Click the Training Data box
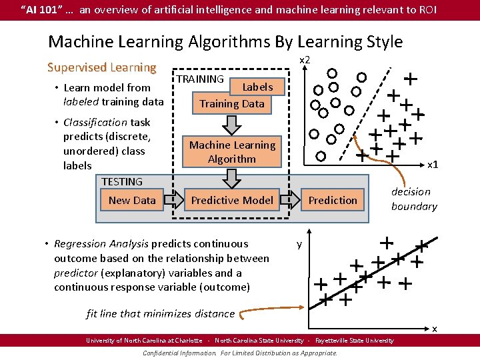click(231, 104)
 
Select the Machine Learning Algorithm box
click(231, 152)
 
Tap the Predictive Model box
click(231, 200)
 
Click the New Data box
click(132, 200)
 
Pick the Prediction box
click(333, 200)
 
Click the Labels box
click(257, 87)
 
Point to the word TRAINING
click(200, 79)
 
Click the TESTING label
click(122, 181)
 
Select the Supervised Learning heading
click(101, 67)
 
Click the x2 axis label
click(305, 60)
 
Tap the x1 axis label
click(433, 164)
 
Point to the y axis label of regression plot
click(299, 245)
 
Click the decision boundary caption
click(413, 199)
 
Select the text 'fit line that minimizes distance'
click(161, 313)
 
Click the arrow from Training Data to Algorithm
click(232, 123)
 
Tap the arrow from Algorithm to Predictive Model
click(232, 177)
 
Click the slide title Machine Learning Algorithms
click(225, 41)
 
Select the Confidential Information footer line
click(240, 353)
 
